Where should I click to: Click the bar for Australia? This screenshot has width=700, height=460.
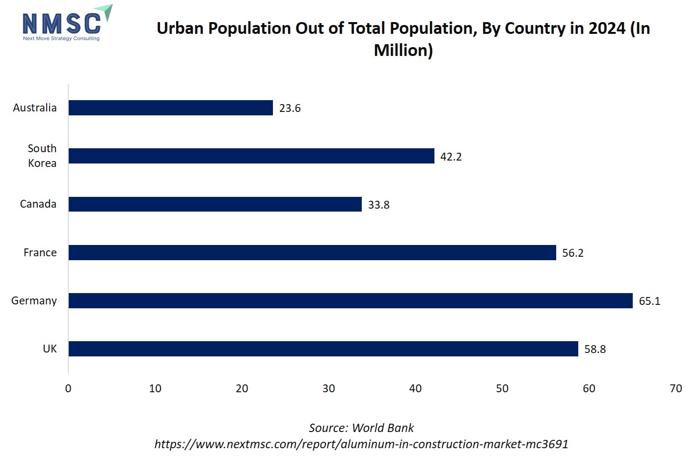tap(170, 108)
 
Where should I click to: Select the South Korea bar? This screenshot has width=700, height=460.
tap(251, 156)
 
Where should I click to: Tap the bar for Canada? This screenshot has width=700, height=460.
tap(215, 204)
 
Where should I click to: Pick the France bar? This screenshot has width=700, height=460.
tap(312, 253)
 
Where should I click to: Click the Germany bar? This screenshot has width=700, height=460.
tap(350, 301)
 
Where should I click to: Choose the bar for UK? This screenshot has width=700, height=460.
tap(323, 349)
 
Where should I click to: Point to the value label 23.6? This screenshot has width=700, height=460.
tap(290, 108)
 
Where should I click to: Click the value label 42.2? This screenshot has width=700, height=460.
tap(451, 157)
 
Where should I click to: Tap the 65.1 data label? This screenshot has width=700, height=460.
tap(649, 301)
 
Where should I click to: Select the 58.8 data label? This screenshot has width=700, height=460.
tap(595, 350)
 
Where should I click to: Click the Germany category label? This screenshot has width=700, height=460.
tap(34, 300)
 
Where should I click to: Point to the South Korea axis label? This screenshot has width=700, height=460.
tap(42, 156)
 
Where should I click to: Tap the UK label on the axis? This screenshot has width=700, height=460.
tap(50, 349)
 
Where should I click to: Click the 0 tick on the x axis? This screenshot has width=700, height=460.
tap(68, 388)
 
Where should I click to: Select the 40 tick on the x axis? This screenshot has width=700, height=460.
tap(415, 388)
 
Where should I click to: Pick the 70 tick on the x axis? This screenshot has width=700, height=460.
tap(675, 388)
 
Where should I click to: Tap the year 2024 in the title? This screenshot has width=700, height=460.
tap(607, 28)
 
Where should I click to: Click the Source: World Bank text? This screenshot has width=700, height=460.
tap(361, 428)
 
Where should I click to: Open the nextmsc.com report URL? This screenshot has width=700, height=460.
tap(361, 444)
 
